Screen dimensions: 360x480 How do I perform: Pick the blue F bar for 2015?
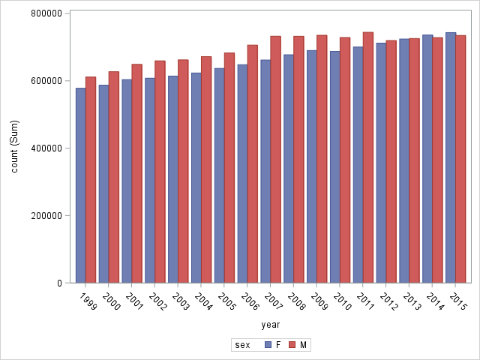[451, 157]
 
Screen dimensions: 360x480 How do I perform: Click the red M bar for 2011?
[368, 157]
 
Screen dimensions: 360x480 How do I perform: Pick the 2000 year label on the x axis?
[112, 301]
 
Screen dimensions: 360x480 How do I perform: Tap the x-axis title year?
[271, 325]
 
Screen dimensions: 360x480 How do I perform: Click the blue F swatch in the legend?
[268, 345]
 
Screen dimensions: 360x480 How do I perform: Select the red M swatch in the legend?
[293, 345]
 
